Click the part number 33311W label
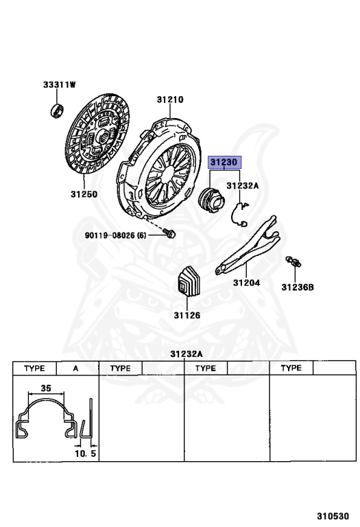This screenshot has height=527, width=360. [x=59, y=84]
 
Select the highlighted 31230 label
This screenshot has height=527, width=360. [x=224, y=163]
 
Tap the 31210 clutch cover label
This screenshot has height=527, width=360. [x=170, y=99]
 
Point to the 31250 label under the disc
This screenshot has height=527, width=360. [x=84, y=194]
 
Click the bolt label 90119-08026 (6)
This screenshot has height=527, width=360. [x=115, y=235]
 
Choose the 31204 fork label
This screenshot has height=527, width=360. [x=246, y=283]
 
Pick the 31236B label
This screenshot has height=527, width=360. [x=298, y=288]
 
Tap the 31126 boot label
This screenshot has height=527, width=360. [x=187, y=315]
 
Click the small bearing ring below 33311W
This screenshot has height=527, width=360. [x=57, y=111]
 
